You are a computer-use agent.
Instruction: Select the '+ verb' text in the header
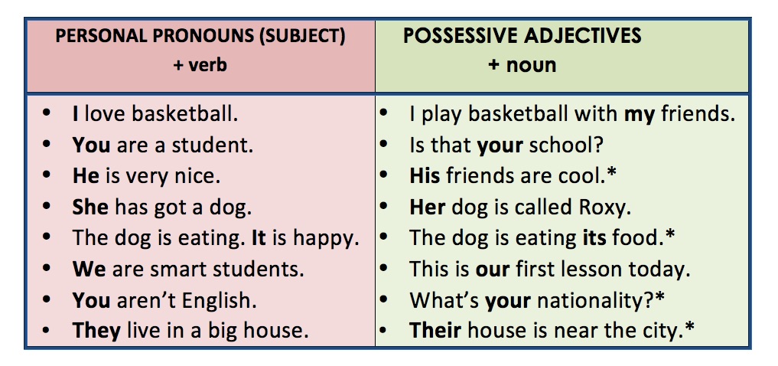(x=200, y=65)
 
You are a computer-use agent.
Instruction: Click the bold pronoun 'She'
(x=90, y=207)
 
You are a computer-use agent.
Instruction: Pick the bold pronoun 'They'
(x=96, y=331)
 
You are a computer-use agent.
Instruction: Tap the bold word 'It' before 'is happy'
(x=260, y=238)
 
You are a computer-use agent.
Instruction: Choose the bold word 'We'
(x=89, y=269)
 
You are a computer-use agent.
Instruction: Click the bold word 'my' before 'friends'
(x=640, y=114)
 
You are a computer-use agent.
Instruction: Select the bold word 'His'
(x=425, y=176)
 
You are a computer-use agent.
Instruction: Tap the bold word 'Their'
(x=435, y=331)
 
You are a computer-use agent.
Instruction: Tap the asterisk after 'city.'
(x=691, y=329)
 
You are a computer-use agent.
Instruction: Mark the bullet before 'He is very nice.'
(x=49, y=176)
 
